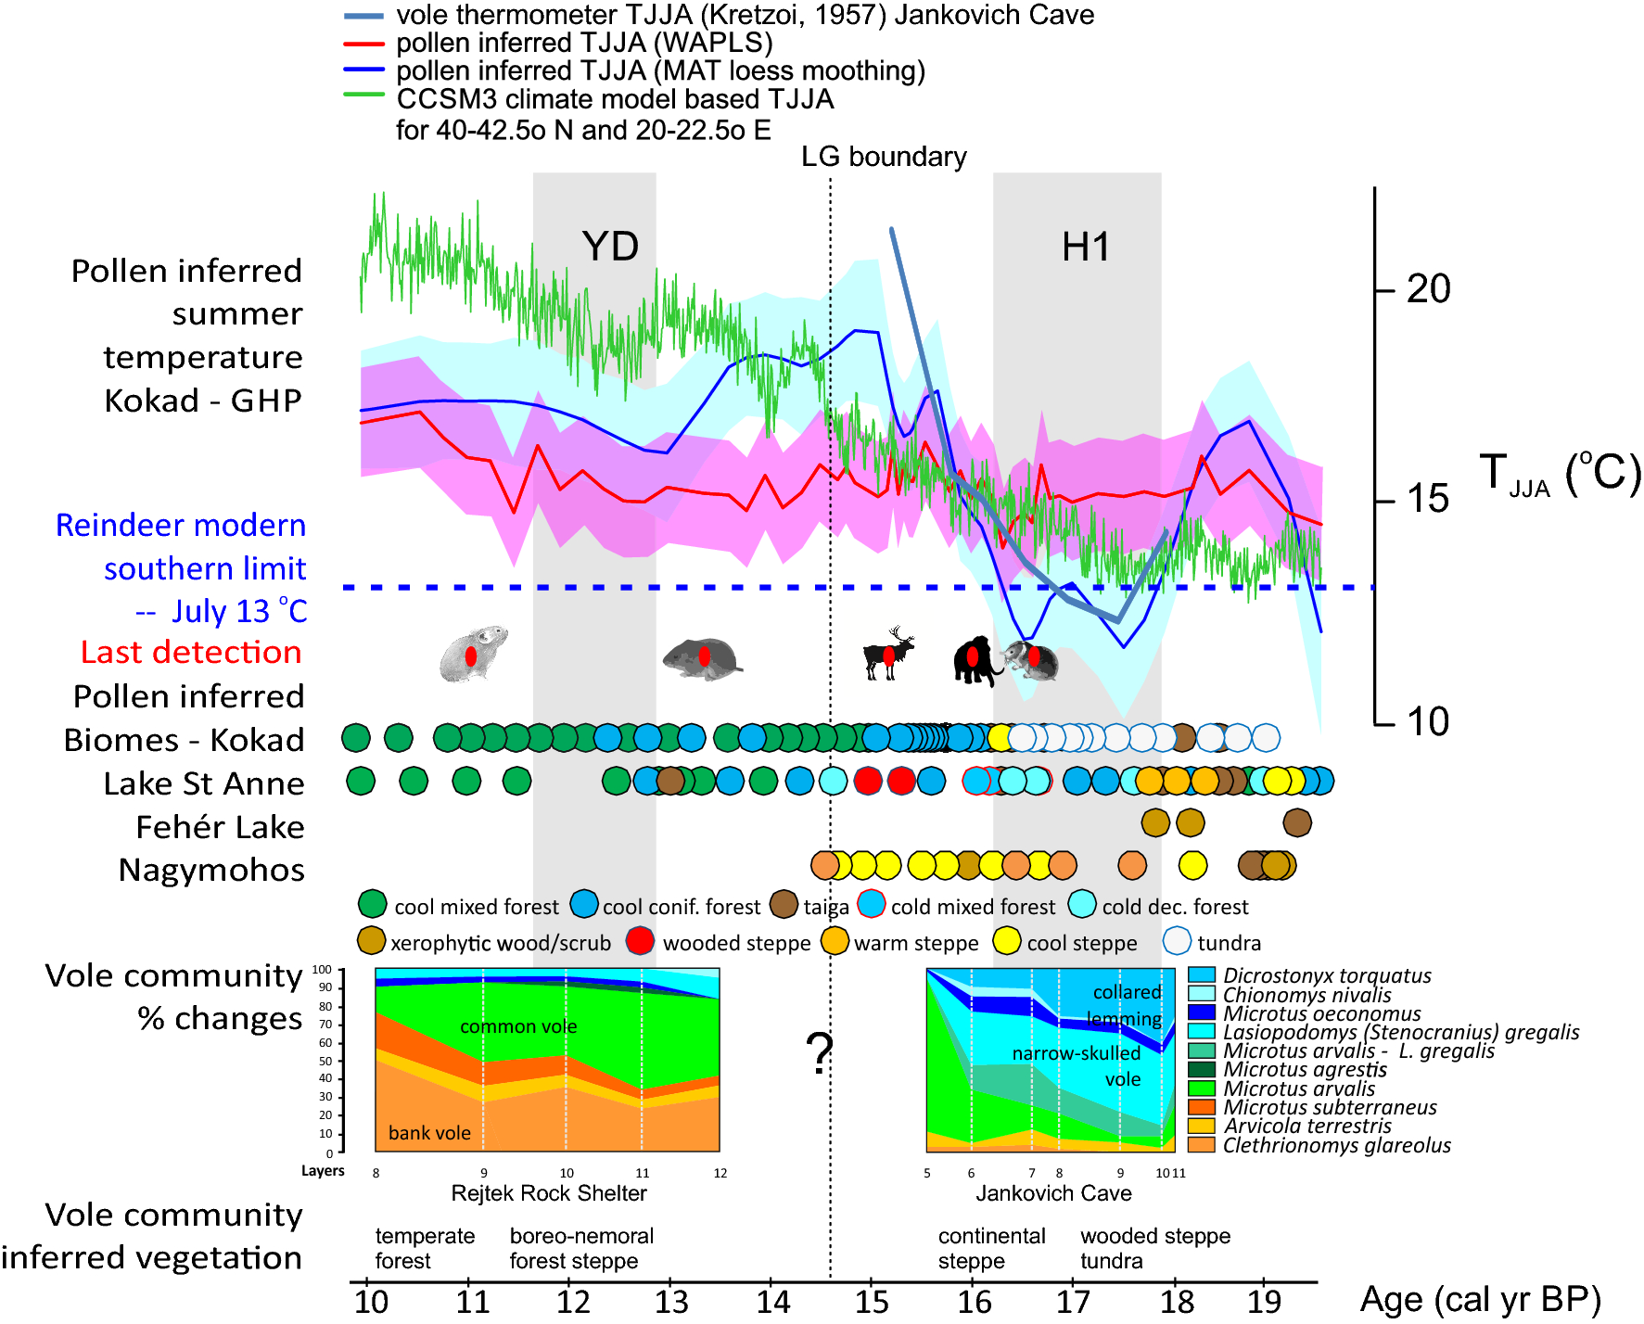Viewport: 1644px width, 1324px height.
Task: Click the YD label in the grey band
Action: [610, 247]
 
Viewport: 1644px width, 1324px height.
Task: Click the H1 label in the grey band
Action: [1085, 248]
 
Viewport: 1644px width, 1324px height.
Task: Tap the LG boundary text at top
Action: [883, 157]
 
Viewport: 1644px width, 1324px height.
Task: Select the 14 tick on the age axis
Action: [772, 1301]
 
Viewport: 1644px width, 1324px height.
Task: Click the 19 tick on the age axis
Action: [1264, 1301]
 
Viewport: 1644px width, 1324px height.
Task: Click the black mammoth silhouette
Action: [975, 659]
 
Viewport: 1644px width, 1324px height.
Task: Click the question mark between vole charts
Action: [819, 1053]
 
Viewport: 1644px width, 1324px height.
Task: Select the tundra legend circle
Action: [1177, 941]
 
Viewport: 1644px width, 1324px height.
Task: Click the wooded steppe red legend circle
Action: [641, 941]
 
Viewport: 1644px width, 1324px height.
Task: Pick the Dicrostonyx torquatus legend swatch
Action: [1202, 974]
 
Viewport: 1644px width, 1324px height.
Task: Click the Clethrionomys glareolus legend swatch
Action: [1202, 1145]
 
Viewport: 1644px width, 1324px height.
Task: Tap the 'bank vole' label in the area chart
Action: [429, 1133]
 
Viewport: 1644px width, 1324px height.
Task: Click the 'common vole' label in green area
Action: [518, 1026]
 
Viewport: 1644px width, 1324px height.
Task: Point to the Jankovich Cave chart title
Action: [1053, 1193]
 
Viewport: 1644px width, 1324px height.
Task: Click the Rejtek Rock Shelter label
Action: [549, 1193]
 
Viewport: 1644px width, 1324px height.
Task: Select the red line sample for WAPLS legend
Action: [363, 44]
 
